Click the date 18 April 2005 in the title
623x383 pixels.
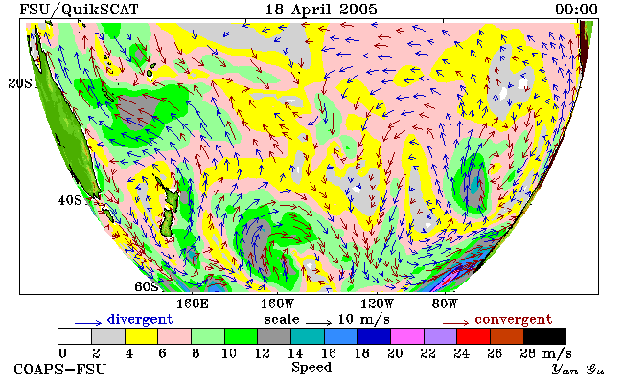(x=321, y=10)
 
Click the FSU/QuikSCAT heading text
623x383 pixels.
(x=79, y=10)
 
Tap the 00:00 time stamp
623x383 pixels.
(x=576, y=10)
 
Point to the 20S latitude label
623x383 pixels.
(x=20, y=83)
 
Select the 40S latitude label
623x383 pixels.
(x=70, y=200)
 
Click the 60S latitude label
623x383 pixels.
(x=147, y=286)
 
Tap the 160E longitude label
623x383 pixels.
(x=193, y=304)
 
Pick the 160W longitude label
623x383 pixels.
(x=277, y=304)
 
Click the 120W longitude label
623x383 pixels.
(x=377, y=304)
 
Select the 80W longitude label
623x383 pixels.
(x=445, y=304)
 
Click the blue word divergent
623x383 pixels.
(x=140, y=320)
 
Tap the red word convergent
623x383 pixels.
(x=514, y=320)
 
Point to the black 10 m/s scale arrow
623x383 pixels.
(x=318, y=323)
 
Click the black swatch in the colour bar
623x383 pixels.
(x=544, y=337)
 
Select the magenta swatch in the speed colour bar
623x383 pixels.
(x=407, y=337)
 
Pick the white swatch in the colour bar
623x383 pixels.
(x=75, y=337)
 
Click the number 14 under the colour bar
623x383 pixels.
(x=295, y=352)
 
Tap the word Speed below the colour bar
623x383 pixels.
(x=311, y=367)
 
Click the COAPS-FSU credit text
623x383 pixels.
(x=60, y=370)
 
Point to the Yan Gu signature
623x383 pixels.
(x=578, y=370)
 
